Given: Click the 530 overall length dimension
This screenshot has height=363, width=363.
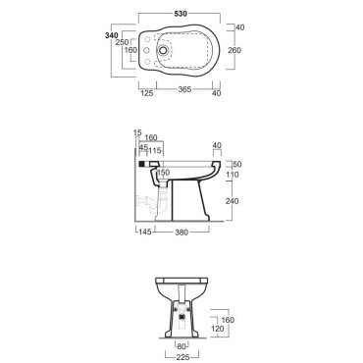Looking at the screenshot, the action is click(x=181, y=14).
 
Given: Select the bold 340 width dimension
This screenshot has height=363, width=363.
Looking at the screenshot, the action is click(x=111, y=35).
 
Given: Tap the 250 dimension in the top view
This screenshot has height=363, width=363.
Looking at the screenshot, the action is click(x=122, y=42).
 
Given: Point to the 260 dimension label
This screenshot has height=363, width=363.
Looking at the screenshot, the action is click(x=234, y=50).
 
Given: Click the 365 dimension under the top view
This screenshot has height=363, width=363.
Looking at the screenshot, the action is click(x=184, y=89).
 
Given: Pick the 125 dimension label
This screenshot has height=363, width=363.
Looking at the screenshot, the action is click(x=147, y=93).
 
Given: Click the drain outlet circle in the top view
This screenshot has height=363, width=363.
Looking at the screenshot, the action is click(x=163, y=50).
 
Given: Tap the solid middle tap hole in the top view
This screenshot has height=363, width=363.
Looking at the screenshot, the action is click(x=147, y=50).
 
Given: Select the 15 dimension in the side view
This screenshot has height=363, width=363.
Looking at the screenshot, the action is click(x=137, y=132).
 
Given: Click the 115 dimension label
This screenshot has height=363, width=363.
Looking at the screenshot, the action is click(x=155, y=150).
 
